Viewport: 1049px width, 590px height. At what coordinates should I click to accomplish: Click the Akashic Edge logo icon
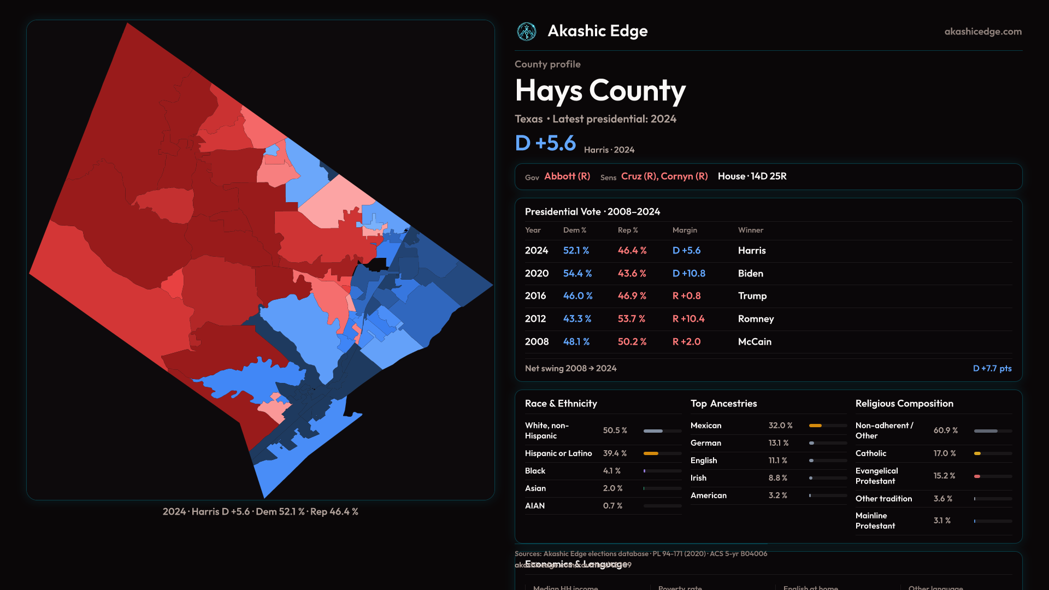(527, 32)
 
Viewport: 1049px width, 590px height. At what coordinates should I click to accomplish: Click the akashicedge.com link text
(983, 32)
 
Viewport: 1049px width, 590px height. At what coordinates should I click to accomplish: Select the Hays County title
(600, 91)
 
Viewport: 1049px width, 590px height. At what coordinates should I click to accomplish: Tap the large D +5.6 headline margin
(545, 143)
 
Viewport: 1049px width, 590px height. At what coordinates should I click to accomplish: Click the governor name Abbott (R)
(567, 176)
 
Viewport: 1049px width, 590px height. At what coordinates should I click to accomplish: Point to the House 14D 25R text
(752, 176)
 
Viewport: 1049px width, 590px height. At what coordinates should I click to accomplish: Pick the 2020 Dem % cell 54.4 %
(577, 273)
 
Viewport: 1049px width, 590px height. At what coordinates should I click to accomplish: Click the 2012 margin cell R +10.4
(688, 318)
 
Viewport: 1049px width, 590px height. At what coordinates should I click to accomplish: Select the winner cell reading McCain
(755, 341)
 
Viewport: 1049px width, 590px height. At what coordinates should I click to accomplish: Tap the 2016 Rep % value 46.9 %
(632, 296)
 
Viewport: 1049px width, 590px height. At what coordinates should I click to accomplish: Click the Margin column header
(685, 230)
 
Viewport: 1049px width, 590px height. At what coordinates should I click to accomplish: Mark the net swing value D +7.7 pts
(992, 368)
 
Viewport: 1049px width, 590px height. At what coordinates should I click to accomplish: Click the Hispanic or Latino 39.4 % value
(615, 453)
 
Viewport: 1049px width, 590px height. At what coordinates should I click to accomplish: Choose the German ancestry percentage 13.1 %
(778, 443)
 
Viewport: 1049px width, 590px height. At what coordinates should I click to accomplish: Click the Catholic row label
(871, 453)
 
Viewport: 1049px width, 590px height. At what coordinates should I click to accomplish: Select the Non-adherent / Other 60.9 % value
(945, 430)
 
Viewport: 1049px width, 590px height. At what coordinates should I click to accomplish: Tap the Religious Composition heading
(904, 403)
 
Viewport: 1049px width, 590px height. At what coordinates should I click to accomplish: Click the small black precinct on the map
(378, 265)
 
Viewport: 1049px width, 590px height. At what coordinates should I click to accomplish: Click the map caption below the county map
(260, 511)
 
